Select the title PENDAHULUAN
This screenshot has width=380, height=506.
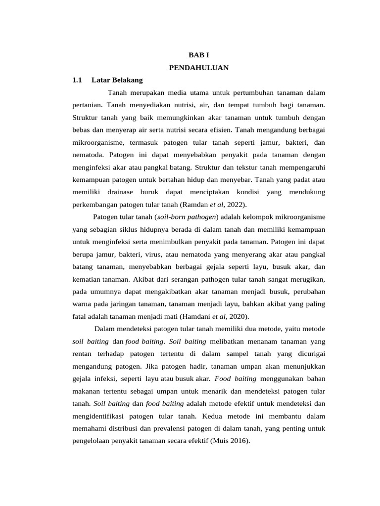pyautogui.click(x=198, y=68)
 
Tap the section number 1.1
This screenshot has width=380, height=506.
pyautogui.click(x=77, y=80)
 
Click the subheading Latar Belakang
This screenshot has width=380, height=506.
pyautogui.click(x=117, y=80)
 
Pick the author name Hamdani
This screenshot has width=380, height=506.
pyautogui.click(x=196, y=316)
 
